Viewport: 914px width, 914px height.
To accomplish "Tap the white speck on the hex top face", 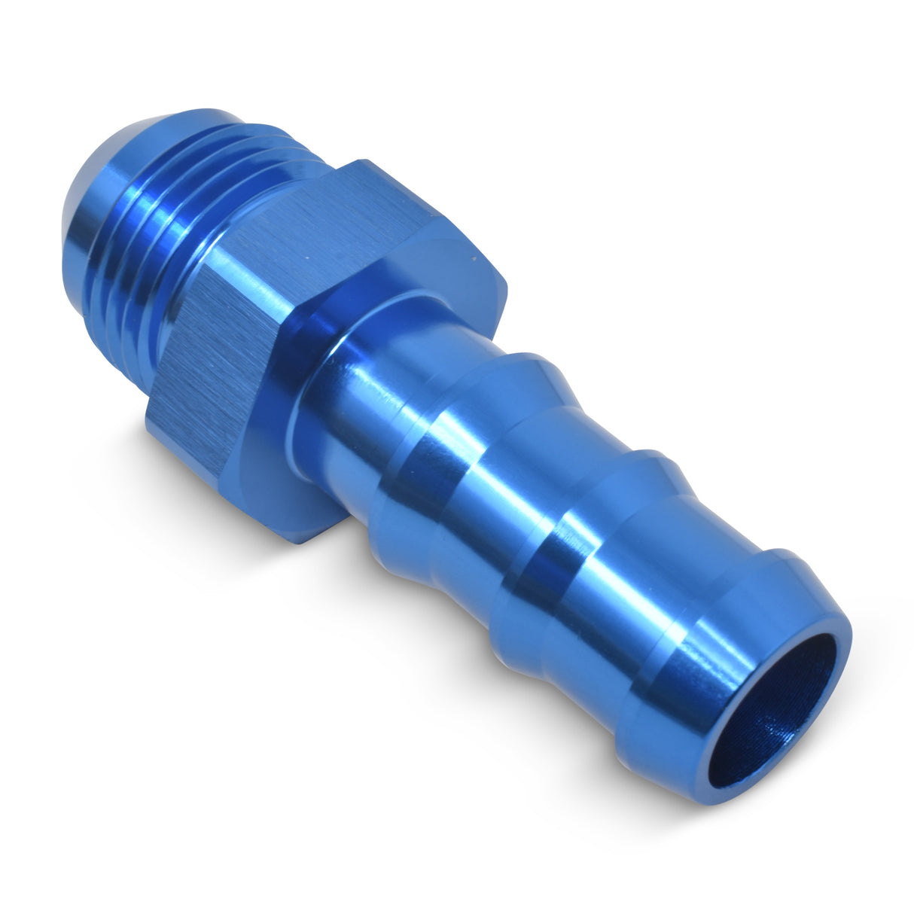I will point(306,260).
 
